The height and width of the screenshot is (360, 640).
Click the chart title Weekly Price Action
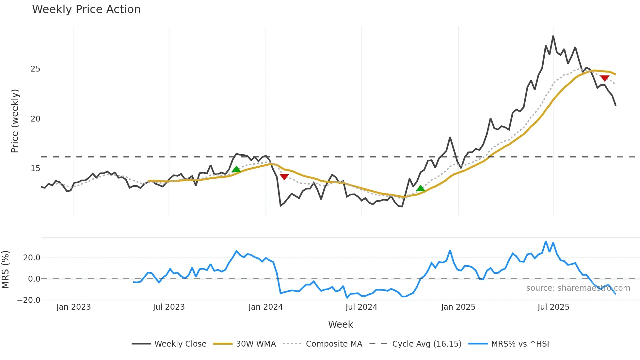coord(86,9)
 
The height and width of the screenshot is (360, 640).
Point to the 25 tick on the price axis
coord(35,69)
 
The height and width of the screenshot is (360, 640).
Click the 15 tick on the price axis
coord(35,169)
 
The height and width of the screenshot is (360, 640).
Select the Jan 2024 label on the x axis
coord(265,307)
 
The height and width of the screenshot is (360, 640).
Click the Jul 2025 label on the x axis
coord(553,307)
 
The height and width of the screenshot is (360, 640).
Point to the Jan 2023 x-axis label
coord(73,307)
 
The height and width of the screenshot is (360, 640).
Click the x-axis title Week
coord(340,324)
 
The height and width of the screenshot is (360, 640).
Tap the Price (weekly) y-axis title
coord(15,121)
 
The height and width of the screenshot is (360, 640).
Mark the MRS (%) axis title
coord(5,270)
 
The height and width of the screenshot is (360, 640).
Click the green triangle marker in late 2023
coord(236,169)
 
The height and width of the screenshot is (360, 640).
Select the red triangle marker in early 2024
coord(284,177)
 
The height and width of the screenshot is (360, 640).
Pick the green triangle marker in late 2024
coord(421,188)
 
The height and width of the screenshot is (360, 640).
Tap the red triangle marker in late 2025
coord(604,78)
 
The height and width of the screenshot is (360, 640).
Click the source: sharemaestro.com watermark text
coord(578,288)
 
